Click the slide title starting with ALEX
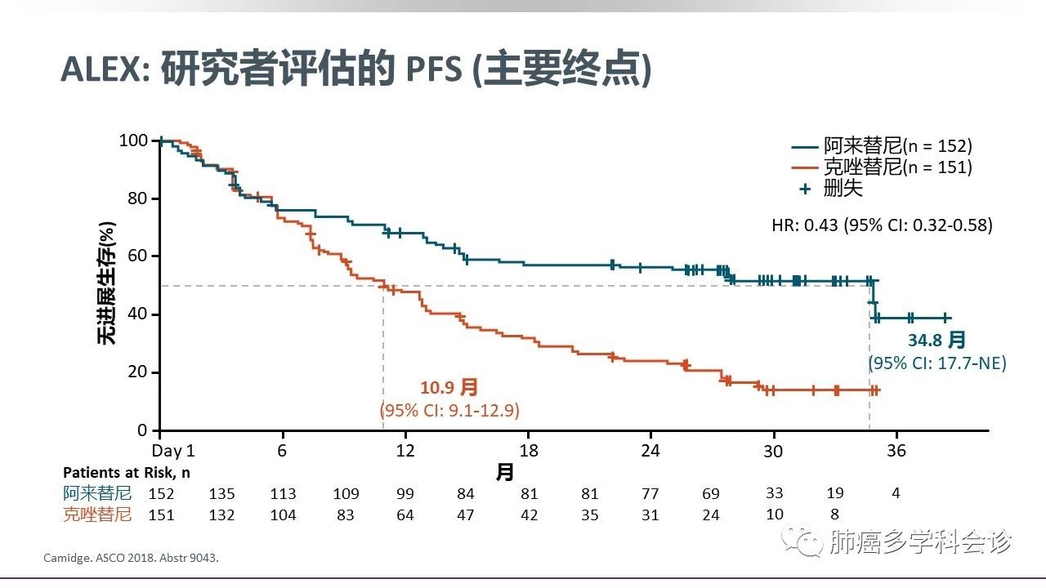tap(356, 69)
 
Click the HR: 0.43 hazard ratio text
tap(882, 225)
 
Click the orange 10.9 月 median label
tap(449, 387)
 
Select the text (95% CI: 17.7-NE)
tap(936, 363)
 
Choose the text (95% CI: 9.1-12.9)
tap(449, 410)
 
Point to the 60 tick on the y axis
tap(138, 256)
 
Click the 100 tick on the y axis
tap(134, 140)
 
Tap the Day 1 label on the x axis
tap(173, 452)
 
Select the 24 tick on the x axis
tap(650, 452)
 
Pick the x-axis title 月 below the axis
tap(506, 472)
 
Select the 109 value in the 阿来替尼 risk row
tap(346, 494)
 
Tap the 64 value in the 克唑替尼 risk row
tap(405, 515)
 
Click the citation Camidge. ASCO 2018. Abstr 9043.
tap(132, 559)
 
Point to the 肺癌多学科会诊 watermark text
tap(919, 541)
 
